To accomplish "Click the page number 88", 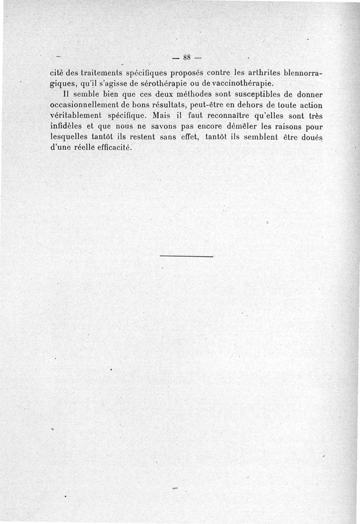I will tap(187, 57).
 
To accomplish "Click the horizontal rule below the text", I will tap(186, 257).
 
